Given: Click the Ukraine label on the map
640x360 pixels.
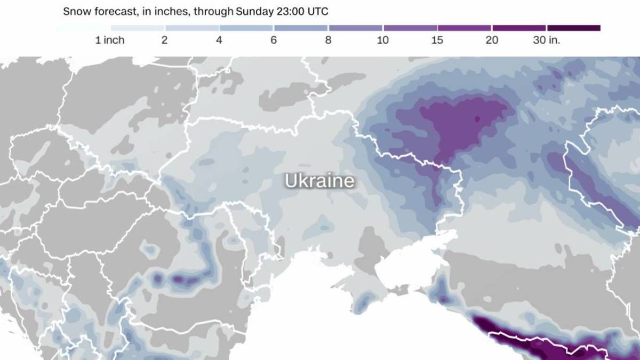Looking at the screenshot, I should pyautogui.click(x=319, y=181).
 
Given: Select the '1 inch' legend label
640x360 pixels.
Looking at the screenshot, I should pyautogui.click(x=110, y=41).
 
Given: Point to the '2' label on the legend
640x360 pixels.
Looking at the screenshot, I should pyautogui.click(x=164, y=41).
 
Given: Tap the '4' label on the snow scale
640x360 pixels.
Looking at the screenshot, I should pyautogui.click(x=219, y=41).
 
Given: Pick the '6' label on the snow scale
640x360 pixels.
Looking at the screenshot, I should pyautogui.click(x=274, y=41).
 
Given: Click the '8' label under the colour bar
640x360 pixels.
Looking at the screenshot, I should pyautogui.click(x=328, y=41).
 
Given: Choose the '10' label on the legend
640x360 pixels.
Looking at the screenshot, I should pyautogui.click(x=382, y=41).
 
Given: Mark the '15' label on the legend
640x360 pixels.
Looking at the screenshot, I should pyautogui.click(x=437, y=41).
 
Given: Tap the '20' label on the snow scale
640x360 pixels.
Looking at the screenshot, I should pyautogui.click(x=492, y=41).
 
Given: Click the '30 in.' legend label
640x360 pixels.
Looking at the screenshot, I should pyautogui.click(x=547, y=41).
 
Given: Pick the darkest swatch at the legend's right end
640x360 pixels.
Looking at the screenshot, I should pyautogui.click(x=574, y=28).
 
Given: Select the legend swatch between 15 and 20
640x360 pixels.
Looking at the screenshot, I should pyautogui.click(x=465, y=28).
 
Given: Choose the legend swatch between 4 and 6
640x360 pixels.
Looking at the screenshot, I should pyautogui.click(x=246, y=28).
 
